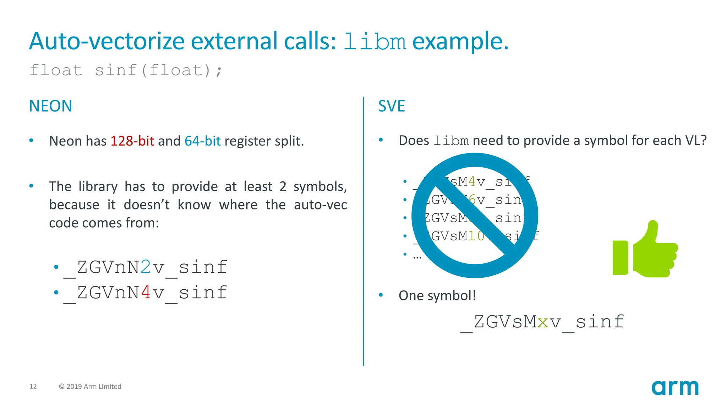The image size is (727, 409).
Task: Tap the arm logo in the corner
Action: pyautogui.click(x=675, y=387)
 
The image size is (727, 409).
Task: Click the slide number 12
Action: pyautogui.click(x=33, y=386)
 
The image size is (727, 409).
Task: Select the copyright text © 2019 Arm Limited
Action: pyautogui.click(x=90, y=386)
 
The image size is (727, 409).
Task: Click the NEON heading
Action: pyautogui.click(x=50, y=106)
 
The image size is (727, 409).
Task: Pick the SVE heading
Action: pyautogui.click(x=391, y=106)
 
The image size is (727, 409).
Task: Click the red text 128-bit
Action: pyautogui.click(x=132, y=141)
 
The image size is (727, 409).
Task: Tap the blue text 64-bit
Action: pyautogui.click(x=202, y=141)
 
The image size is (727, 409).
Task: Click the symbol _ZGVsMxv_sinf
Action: pyautogui.click(x=542, y=322)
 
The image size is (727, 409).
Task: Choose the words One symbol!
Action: pyautogui.click(x=437, y=295)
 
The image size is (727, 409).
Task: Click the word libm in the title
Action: pyautogui.click(x=375, y=42)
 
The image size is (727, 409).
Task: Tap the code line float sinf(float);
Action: pyautogui.click(x=126, y=70)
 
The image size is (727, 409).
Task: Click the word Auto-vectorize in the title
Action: pyautogui.click(x=106, y=41)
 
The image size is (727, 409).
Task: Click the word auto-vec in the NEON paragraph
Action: pyautogui.click(x=320, y=205)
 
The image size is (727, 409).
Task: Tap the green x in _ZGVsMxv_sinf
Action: pyautogui.click(x=543, y=322)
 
